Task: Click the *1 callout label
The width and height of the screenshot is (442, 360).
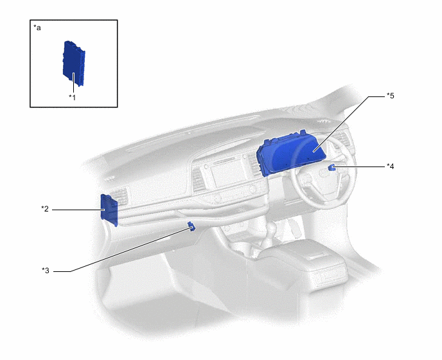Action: [73, 98]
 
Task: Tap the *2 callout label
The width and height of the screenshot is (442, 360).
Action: [45, 209]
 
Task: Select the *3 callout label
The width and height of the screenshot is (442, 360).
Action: [46, 271]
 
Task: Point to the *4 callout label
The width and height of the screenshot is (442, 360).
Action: [391, 166]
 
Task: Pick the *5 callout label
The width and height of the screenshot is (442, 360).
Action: [391, 96]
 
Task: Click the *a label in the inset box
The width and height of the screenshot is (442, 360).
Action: [37, 28]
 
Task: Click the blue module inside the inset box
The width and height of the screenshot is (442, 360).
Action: [74, 63]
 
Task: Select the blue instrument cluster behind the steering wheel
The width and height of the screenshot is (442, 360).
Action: [290, 152]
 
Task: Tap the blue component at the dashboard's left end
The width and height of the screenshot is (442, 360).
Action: [109, 210]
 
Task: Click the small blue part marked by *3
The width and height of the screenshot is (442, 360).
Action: [191, 226]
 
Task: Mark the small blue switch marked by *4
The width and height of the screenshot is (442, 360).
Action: [331, 167]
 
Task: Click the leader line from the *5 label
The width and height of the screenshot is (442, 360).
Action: [349, 124]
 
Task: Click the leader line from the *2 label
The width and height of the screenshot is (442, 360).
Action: [78, 210]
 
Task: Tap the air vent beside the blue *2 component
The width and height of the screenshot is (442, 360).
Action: [121, 196]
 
